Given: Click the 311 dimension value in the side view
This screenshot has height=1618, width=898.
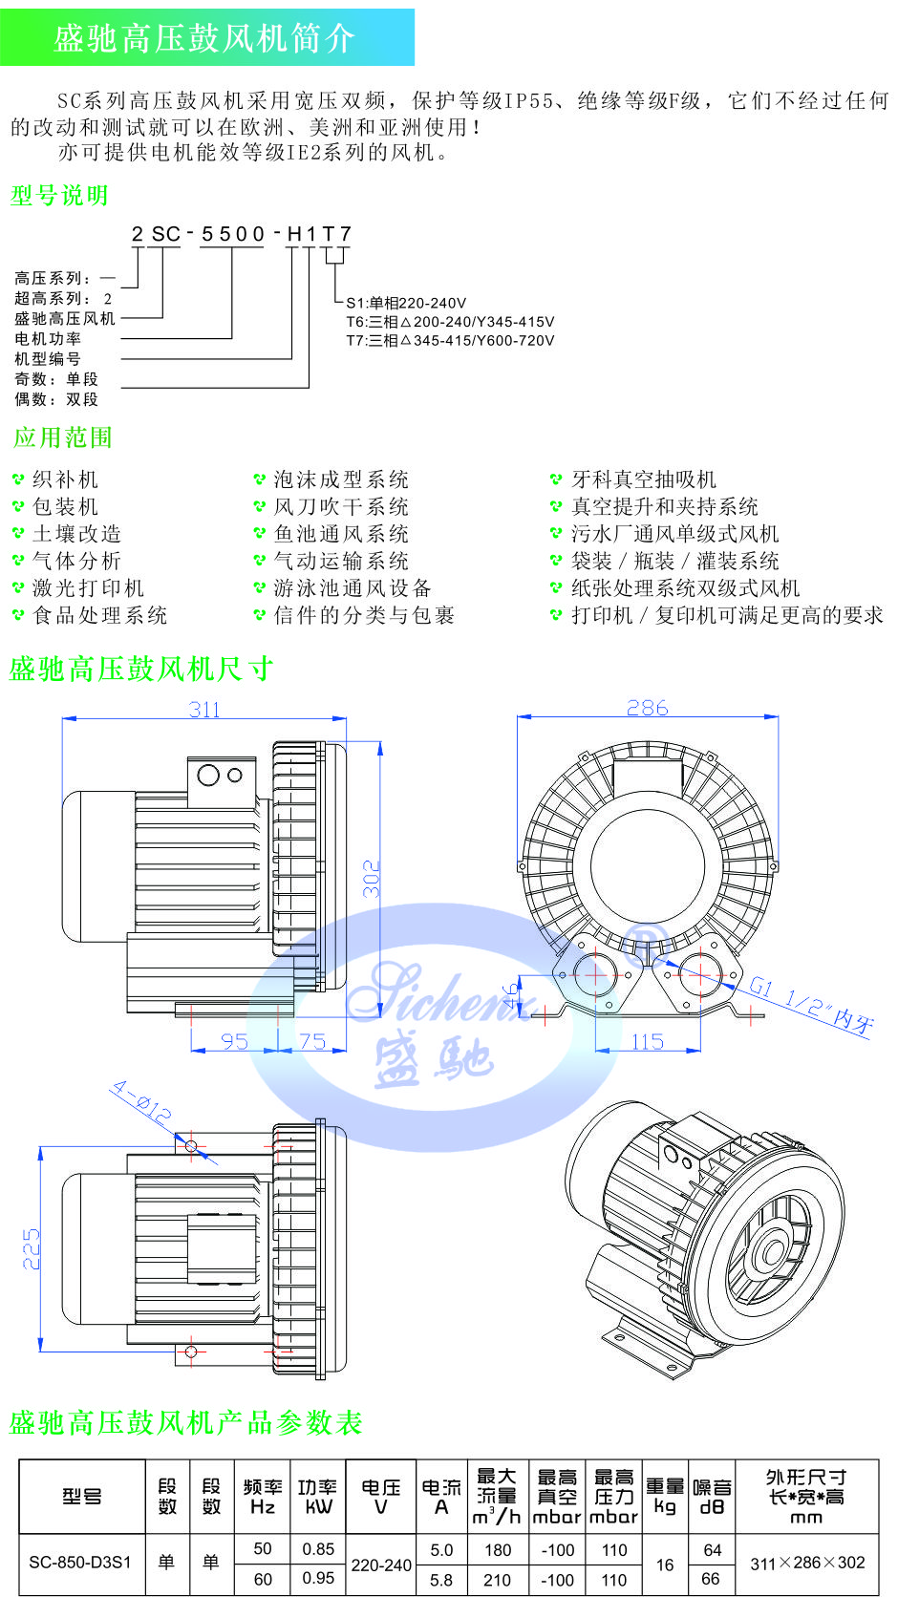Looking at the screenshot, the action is pyautogui.click(x=204, y=710).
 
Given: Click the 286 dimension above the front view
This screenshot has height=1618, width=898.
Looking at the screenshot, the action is pyautogui.click(x=648, y=708).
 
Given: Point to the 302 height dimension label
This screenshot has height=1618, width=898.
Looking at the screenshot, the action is pyautogui.click(x=372, y=879).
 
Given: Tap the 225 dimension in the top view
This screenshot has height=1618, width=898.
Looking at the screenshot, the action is pyautogui.click(x=32, y=1249).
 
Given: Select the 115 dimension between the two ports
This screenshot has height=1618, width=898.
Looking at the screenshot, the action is pyautogui.click(x=648, y=1042).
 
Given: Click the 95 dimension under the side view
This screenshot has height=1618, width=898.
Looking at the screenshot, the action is pyautogui.click(x=234, y=1042).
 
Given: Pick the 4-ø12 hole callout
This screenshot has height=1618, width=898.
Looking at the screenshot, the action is pyautogui.click(x=140, y=1101).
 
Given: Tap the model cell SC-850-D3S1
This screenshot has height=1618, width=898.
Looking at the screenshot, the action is pyautogui.click(x=80, y=1563).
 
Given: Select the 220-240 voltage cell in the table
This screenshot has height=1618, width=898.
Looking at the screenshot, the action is pyautogui.click(x=381, y=1565).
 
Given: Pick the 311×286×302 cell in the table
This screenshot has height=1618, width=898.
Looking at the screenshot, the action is pyautogui.click(x=807, y=1563).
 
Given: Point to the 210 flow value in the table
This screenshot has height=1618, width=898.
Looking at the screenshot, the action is pyautogui.click(x=497, y=1580).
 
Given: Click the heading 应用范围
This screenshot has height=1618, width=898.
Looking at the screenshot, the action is pyautogui.click(x=63, y=437).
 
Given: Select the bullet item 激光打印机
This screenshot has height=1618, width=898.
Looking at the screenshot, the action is pyautogui.click(x=88, y=588).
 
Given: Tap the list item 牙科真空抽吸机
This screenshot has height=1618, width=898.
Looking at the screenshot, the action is pyautogui.click(x=644, y=479).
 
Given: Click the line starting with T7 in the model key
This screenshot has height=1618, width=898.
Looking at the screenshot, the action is pyautogui.click(x=450, y=340).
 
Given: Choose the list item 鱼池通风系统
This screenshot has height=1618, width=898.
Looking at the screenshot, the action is pyautogui.click(x=341, y=534).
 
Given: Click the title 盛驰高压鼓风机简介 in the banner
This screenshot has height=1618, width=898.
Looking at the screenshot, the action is pyautogui.click(x=204, y=37).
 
